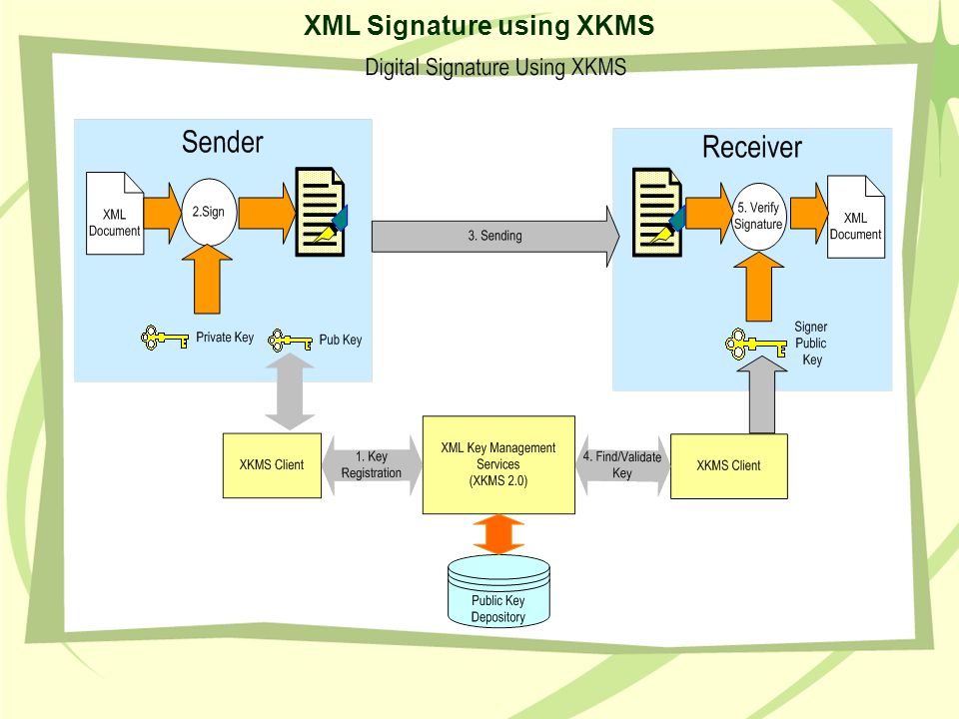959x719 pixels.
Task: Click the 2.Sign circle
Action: point(209,212)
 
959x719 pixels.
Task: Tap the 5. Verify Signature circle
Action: point(758,217)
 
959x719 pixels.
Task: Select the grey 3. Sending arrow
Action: point(495,236)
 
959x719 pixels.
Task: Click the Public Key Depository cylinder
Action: point(498,591)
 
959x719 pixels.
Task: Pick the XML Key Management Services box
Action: point(498,464)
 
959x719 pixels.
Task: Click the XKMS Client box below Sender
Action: point(272,465)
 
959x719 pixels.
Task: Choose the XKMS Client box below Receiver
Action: point(728,466)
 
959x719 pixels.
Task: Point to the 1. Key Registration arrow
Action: point(372,465)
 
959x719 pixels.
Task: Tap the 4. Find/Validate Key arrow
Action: point(622,465)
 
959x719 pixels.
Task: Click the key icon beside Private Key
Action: point(164,338)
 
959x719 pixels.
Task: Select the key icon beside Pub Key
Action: point(290,340)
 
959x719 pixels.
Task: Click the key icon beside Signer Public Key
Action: point(755,345)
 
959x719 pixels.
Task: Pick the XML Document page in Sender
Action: point(115,214)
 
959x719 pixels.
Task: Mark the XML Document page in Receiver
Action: point(856,217)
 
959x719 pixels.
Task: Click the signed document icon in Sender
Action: point(321,212)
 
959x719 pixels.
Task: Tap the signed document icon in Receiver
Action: point(658,212)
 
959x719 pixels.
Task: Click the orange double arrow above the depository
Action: point(498,534)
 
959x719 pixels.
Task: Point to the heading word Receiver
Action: point(751,148)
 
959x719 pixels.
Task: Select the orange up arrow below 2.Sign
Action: point(208,280)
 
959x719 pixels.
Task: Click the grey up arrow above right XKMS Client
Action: point(762,394)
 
